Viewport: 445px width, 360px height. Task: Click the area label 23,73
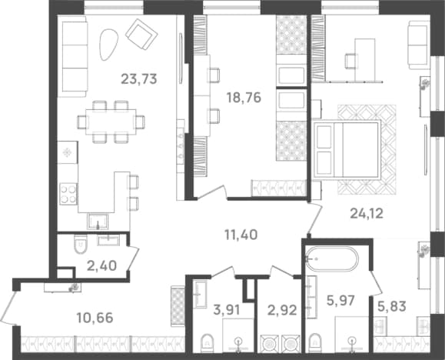tap(139, 78)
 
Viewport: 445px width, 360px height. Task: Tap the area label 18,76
tap(244, 98)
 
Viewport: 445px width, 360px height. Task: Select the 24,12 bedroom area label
tap(367, 213)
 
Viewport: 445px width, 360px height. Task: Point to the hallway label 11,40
tap(241, 235)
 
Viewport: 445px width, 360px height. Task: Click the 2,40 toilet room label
tap(102, 266)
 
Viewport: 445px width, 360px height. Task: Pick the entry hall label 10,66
tap(95, 318)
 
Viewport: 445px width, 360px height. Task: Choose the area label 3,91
tap(227, 309)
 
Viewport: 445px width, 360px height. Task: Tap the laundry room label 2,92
tap(282, 310)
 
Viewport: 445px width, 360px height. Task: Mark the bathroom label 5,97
tap(340, 300)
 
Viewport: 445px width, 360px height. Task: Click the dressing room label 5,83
tap(392, 306)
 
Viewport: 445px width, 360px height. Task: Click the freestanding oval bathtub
tap(332, 259)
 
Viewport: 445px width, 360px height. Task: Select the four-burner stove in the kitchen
tap(68, 195)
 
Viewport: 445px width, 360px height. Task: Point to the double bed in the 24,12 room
tap(347, 149)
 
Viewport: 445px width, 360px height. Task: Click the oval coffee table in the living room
tap(108, 45)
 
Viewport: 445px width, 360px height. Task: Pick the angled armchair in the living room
tap(141, 34)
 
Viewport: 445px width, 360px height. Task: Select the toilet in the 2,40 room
tap(81, 244)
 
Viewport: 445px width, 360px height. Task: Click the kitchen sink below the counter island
tap(98, 221)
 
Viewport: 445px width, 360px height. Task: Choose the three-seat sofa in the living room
tap(75, 56)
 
